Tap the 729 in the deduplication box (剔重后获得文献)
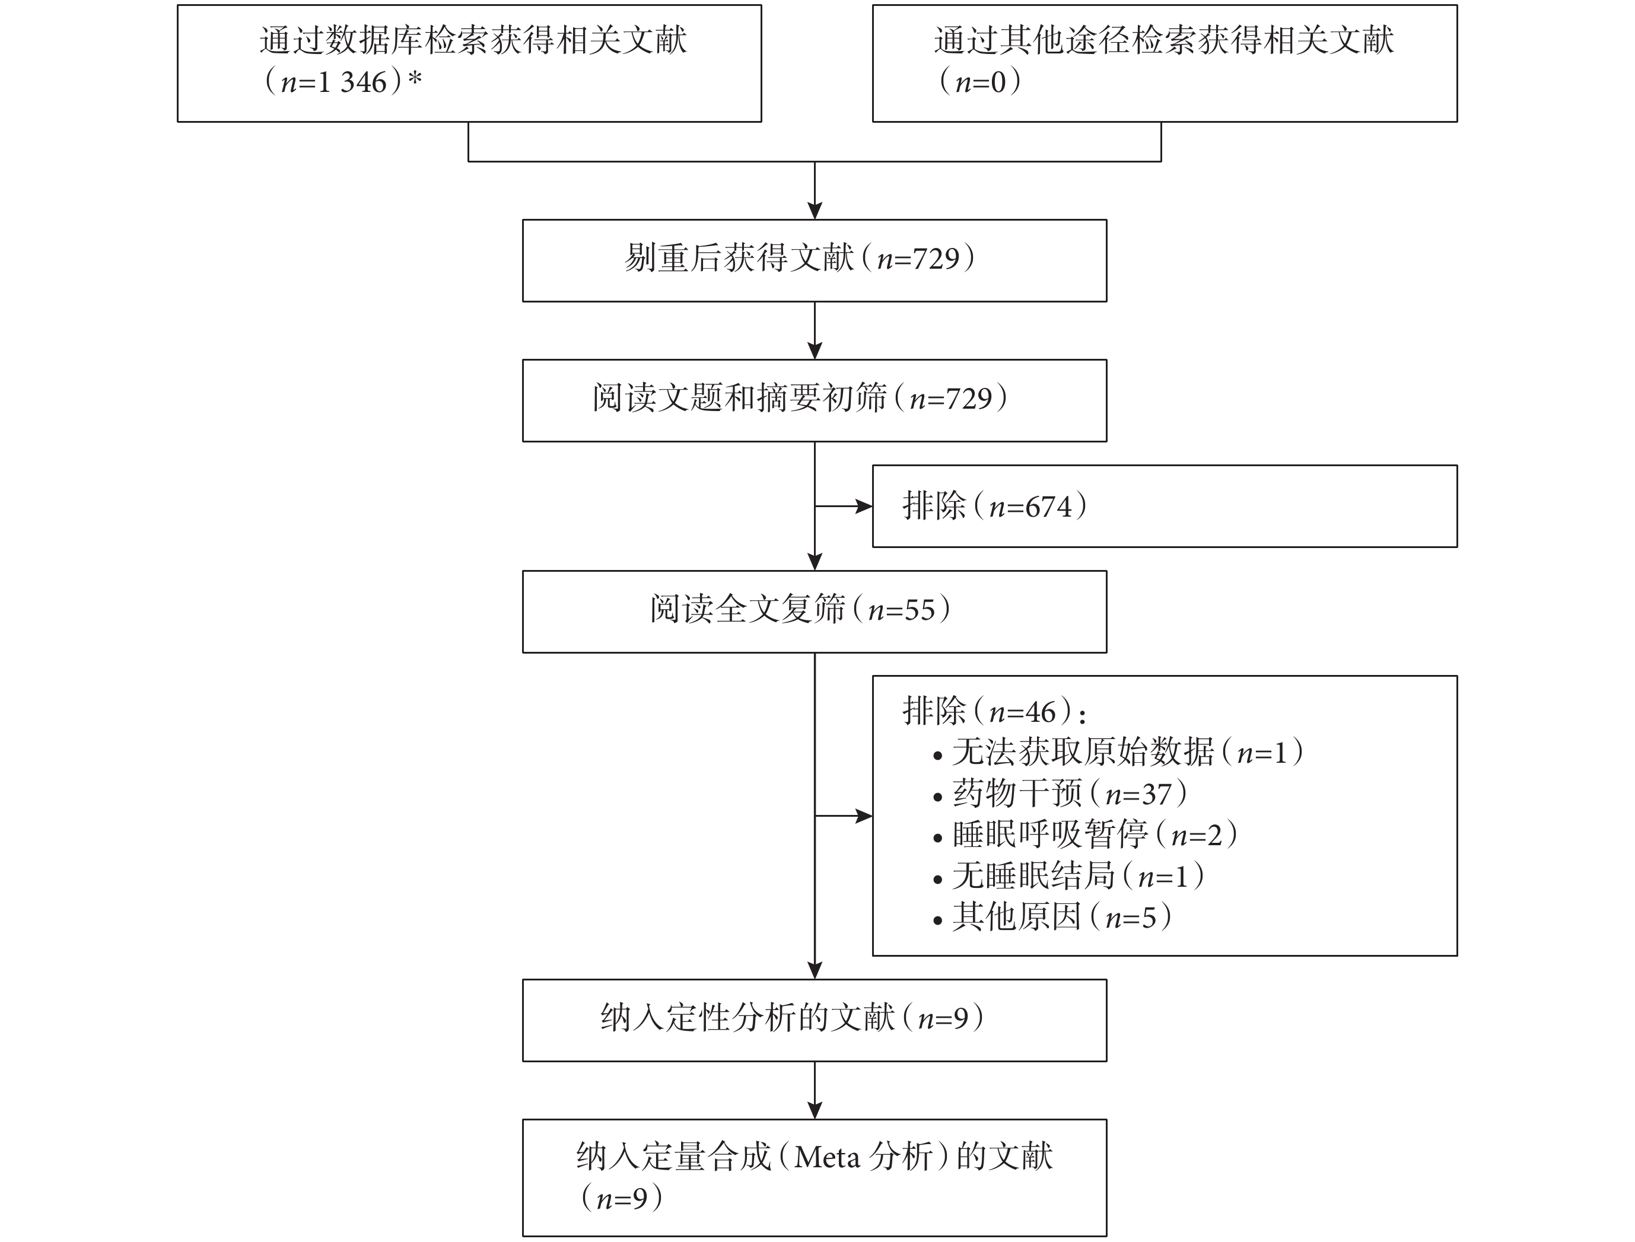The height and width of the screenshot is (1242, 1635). [x=936, y=259]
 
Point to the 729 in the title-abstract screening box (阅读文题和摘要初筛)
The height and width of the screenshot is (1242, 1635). [x=969, y=399]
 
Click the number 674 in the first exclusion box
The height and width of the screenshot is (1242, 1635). [x=1049, y=507]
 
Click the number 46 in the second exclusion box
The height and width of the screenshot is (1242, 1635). [x=1041, y=712]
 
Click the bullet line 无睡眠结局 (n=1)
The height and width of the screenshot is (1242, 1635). [x=1068, y=877]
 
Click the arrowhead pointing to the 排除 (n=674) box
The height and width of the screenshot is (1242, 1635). [x=864, y=507]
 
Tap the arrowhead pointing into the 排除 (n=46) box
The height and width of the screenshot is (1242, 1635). [x=864, y=816]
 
